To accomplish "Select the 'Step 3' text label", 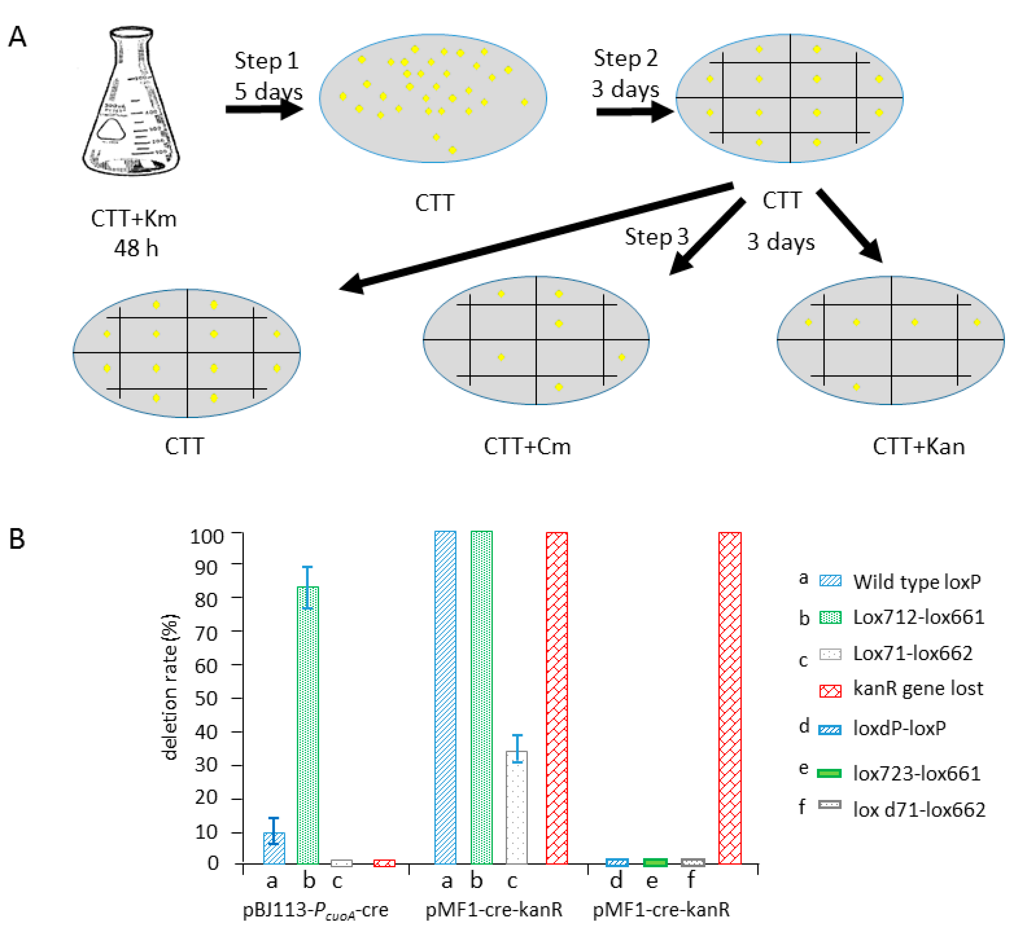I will [656, 237].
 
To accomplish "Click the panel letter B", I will [17, 539].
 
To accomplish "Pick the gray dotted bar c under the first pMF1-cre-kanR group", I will [517, 807].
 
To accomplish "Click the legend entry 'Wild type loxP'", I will [917, 582].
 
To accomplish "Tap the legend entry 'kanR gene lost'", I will [918, 688].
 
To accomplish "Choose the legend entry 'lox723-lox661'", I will [917, 774].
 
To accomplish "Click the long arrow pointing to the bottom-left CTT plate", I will [535, 237].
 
